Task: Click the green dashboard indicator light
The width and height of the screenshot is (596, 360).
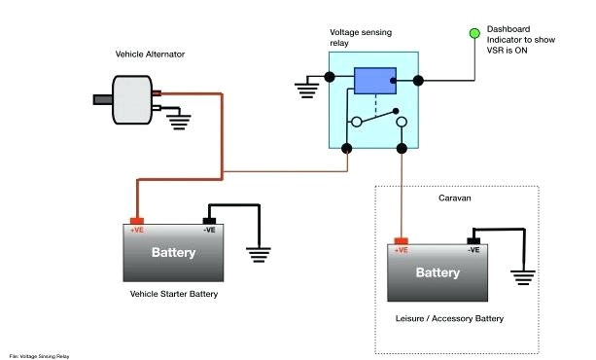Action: (x=475, y=34)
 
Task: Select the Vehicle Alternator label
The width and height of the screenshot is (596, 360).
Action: (x=150, y=54)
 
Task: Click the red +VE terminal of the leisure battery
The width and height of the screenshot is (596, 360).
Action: (x=401, y=239)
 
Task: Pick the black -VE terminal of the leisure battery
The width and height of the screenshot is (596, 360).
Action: (x=473, y=239)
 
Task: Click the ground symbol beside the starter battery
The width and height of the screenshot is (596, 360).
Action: (x=258, y=254)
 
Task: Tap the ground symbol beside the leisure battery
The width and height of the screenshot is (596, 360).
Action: (x=523, y=276)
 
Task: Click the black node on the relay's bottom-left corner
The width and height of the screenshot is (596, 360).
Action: (x=348, y=149)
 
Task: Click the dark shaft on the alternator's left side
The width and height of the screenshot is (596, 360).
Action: (x=101, y=98)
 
